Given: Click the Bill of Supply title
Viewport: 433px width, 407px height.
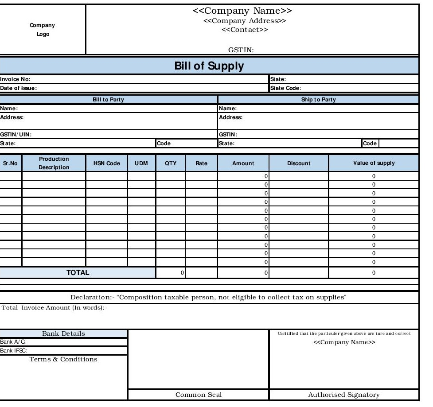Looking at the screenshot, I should coord(209,66).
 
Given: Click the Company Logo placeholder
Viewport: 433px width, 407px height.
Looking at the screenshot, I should coord(43,30).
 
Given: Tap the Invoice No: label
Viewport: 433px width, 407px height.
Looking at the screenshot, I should coord(15,79).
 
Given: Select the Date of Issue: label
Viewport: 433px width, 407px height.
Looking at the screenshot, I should coord(18,88).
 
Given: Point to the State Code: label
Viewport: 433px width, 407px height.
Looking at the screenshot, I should coord(286,88).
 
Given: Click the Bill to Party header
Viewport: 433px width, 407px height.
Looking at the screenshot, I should coord(108,100).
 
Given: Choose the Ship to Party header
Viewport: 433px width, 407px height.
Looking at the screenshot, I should coord(318,100).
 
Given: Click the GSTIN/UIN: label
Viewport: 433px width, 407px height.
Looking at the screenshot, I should coord(16,134).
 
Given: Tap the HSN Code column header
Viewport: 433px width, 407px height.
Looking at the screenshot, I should coord(107,163).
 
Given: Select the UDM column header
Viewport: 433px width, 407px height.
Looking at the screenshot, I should coord(141,163).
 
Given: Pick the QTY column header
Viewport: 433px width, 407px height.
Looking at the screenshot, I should coord(171,163).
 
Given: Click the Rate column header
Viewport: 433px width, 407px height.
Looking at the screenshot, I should coord(201,163).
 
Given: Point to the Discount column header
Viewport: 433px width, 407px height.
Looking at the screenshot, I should coord(299,163).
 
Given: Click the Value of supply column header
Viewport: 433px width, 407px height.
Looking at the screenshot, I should coord(374,163).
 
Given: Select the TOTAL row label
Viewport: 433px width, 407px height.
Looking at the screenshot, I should coord(78,273).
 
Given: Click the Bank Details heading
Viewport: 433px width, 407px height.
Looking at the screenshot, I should coord(63,333).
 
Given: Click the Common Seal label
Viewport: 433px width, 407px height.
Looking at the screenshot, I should coord(198,395).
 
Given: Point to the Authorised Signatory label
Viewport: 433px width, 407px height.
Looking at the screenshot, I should coord(344,395).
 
